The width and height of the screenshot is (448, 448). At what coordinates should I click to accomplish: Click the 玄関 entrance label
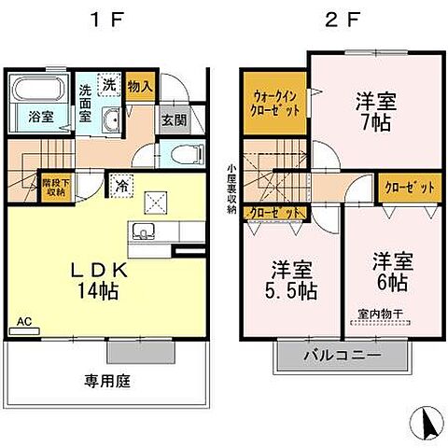click(173, 119)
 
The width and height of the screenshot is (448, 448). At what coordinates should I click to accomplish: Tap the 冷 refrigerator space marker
click(121, 185)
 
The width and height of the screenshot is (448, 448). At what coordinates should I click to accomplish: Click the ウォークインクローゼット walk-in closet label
click(274, 102)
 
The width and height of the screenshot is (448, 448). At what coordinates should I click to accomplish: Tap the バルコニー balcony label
click(342, 356)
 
